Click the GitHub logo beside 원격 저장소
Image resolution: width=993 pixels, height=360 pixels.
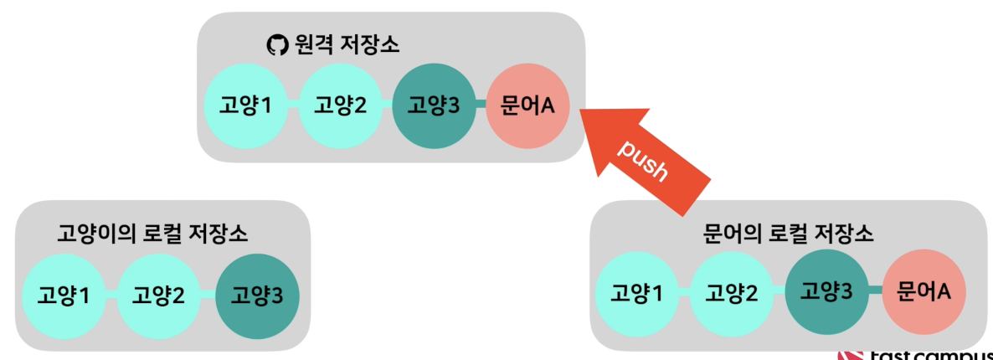click(x=275, y=44)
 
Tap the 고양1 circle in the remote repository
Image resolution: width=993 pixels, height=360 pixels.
click(x=246, y=105)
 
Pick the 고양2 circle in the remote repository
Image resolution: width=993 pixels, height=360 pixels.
click(x=340, y=105)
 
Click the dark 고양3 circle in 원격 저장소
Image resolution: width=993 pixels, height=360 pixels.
click(x=434, y=105)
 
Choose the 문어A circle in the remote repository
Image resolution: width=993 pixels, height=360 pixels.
click(x=527, y=105)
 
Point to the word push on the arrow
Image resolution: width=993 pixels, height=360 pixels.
click(x=643, y=159)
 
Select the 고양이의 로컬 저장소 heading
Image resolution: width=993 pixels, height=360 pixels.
click(x=152, y=232)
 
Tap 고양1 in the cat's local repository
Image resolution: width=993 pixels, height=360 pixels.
click(x=64, y=295)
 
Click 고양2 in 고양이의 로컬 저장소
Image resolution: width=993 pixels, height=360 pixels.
click(x=158, y=295)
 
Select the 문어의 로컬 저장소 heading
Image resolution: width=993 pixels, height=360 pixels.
click(x=785, y=233)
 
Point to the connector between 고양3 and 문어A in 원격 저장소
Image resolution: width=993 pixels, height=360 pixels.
click(x=481, y=105)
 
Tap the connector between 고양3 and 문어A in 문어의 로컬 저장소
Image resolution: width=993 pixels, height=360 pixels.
click(x=875, y=291)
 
